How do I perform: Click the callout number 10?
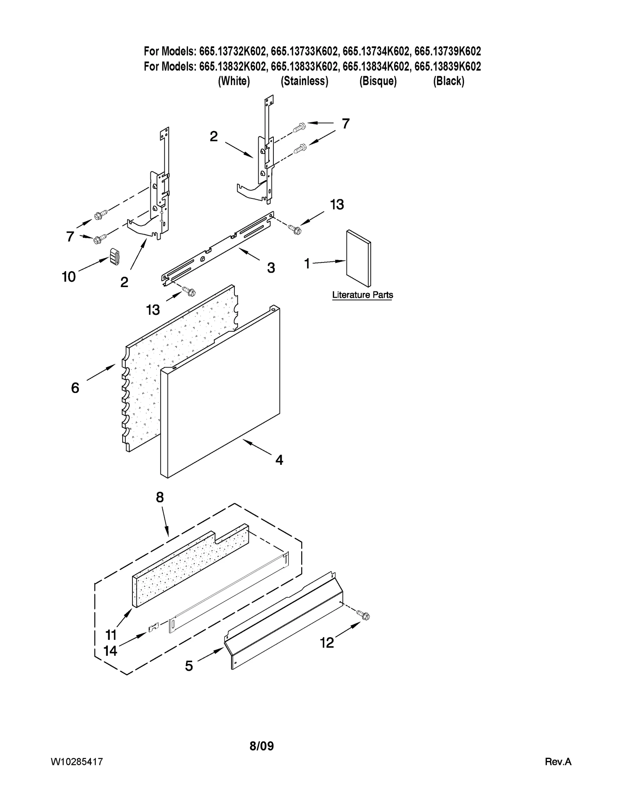pyautogui.click(x=69, y=277)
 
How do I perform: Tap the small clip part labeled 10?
pyautogui.click(x=114, y=257)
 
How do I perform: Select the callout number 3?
pyautogui.click(x=271, y=268)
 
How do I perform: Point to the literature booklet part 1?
pyautogui.click(x=359, y=258)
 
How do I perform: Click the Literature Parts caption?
pyautogui.click(x=362, y=295)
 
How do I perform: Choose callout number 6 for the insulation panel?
pyautogui.click(x=75, y=388)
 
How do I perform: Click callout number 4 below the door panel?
pyautogui.click(x=279, y=460)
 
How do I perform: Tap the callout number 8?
pyautogui.click(x=160, y=497)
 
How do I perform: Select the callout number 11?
pyautogui.click(x=111, y=635)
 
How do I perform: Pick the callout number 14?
pyautogui.click(x=111, y=651)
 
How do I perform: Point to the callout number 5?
pyautogui.click(x=189, y=666)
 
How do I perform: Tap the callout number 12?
pyautogui.click(x=327, y=643)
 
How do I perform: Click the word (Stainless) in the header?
pyautogui.click(x=304, y=81)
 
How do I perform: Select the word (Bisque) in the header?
pyautogui.click(x=378, y=81)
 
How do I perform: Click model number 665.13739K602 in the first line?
pyautogui.click(x=448, y=51)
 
